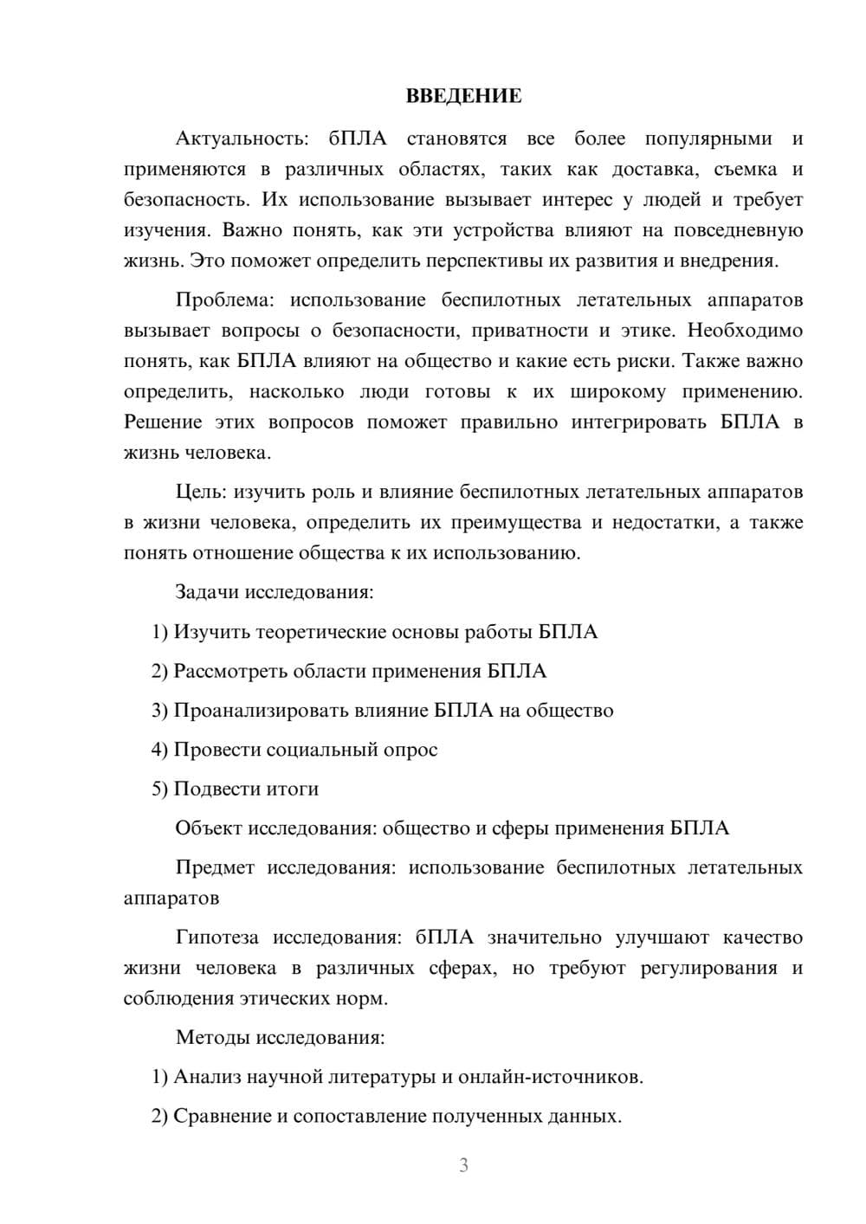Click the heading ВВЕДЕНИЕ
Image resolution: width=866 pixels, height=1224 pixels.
(463, 96)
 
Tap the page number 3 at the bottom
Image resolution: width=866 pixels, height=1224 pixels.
(463, 1165)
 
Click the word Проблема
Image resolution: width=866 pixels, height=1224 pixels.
(223, 300)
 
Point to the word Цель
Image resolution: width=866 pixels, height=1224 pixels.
(200, 492)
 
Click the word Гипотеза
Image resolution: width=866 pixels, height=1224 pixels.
(217, 937)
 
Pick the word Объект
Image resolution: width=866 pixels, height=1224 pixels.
(208, 828)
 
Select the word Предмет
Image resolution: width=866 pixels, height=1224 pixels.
(215, 867)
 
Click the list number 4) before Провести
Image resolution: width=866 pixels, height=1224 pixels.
(159, 750)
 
